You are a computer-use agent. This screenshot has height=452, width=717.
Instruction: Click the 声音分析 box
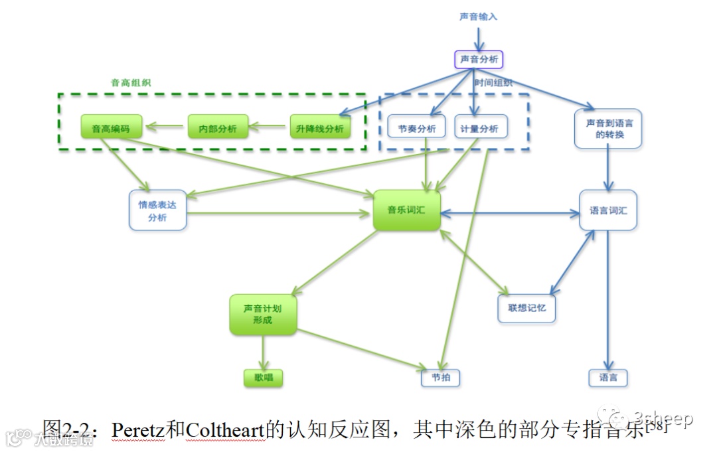(x=479, y=60)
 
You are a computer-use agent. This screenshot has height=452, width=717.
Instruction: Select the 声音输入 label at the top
(x=478, y=17)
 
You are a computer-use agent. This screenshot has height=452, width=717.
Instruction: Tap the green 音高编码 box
(x=111, y=127)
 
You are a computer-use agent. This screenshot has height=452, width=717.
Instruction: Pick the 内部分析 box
(x=218, y=127)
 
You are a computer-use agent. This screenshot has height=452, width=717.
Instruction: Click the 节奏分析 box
(x=417, y=127)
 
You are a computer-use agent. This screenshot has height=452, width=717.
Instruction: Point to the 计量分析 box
(x=481, y=127)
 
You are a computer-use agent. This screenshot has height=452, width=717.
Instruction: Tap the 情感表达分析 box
(x=157, y=211)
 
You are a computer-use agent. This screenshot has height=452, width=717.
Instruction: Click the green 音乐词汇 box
(x=406, y=210)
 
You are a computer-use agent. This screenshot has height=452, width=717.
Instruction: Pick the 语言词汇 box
(x=608, y=210)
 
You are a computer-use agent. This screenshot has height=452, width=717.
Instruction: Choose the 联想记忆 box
(x=526, y=308)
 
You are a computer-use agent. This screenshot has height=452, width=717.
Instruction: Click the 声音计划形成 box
(x=263, y=314)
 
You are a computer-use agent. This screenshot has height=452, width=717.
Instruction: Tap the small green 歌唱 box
(x=264, y=378)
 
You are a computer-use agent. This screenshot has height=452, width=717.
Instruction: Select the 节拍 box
(x=441, y=378)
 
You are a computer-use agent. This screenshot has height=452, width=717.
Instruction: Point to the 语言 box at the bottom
(x=608, y=378)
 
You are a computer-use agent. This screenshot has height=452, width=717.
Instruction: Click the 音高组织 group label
(x=131, y=83)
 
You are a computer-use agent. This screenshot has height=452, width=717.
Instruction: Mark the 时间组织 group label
(x=493, y=83)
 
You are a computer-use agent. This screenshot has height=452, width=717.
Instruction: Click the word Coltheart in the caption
(x=225, y=429)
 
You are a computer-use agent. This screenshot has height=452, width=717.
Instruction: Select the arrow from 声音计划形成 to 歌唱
(x=264, y=352)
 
